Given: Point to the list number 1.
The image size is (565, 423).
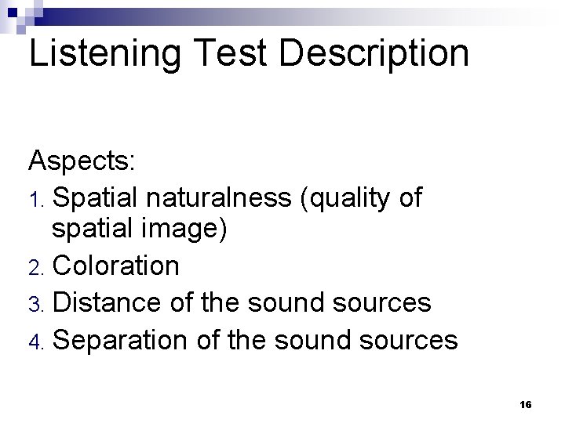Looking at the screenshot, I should point(35,199).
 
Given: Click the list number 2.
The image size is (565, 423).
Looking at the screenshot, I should point(35,267).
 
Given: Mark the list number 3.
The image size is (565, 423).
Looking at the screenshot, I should point(35,303).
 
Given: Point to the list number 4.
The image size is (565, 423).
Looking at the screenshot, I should point(35,339).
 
